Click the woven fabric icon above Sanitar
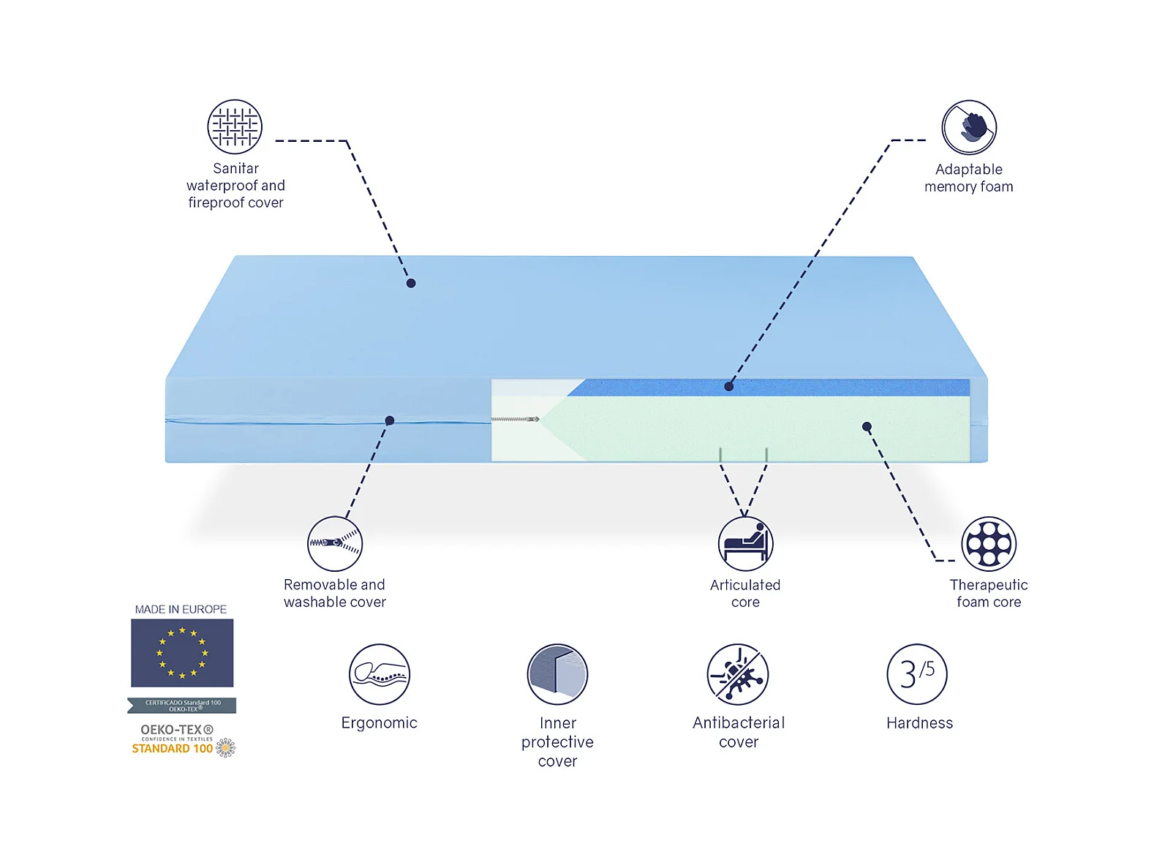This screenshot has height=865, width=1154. pos(235,126)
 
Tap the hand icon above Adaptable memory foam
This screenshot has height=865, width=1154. pos(969,127)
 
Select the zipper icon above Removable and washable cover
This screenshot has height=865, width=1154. pos(335,543)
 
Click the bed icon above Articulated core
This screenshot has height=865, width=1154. pos(745,543)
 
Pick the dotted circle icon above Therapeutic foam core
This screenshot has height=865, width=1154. pos(989,543)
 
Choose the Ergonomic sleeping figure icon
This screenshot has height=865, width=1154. pos(379,674)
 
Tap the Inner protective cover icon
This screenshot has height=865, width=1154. pos(557,674)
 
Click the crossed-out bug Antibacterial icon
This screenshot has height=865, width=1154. pos(738,674)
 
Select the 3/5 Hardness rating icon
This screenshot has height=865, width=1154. pos(917,674)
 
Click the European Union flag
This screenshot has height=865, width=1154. pos(182,653)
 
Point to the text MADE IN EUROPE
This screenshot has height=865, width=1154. pos(181,609)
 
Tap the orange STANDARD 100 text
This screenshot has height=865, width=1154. pos(173,748)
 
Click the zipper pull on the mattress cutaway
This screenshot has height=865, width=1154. pos(533,419)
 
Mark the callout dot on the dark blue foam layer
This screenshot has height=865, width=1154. pos(729,386)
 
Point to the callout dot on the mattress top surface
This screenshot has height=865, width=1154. pos(411,283)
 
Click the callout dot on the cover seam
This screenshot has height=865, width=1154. pos(390,420)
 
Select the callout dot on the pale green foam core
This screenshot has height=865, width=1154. pos(867,426)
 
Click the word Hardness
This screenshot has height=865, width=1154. pos(919,723)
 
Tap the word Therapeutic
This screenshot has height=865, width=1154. pos(989,585)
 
